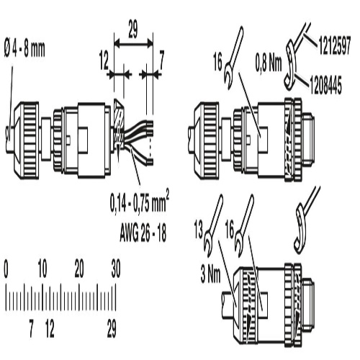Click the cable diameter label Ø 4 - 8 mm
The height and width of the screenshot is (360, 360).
24,50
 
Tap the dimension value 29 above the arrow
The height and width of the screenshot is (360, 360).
132,30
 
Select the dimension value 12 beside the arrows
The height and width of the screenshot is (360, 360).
104,62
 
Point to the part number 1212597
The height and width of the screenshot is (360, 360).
335,45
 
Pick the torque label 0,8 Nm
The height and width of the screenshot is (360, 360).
269,63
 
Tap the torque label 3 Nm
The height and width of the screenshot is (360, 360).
210,275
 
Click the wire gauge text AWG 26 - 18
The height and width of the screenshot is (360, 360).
143,233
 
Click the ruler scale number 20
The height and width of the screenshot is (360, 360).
79,269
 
